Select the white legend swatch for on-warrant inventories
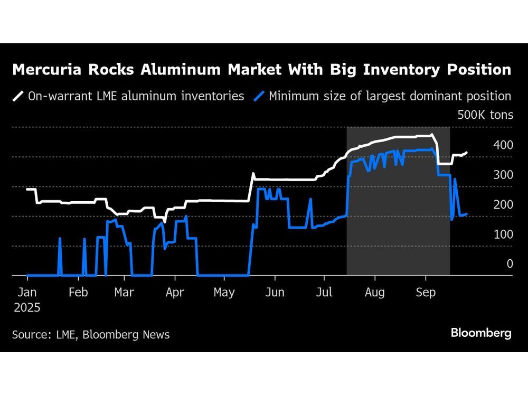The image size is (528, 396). coord(18,96)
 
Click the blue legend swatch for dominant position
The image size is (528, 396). coord(259,96)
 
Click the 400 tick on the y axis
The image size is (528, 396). coord(503,145)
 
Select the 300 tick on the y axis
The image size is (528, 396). coord(503,175)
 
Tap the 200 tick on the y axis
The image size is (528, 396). coord(503,204)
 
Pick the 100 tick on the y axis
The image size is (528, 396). coord(503,234)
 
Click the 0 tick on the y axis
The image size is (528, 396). coord(510,263)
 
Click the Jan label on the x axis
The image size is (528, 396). coord(27,293)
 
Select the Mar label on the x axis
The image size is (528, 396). coord(125,293)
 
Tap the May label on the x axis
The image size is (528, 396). coord(224,293)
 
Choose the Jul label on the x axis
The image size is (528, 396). coord(324,293)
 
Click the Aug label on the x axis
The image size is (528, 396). coord(374,293)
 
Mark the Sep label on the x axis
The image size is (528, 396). coord(426,293)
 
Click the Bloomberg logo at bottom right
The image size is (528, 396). coord(481,333)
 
